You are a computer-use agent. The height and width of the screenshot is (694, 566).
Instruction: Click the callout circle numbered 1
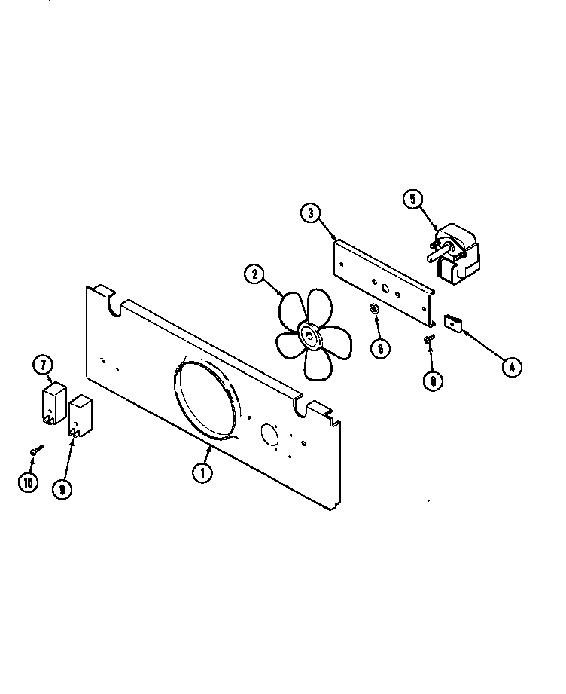coord(202,472)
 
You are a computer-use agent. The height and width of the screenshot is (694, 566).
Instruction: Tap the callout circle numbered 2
coord(254,275)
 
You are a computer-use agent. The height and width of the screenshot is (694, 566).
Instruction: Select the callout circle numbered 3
coord(310,213)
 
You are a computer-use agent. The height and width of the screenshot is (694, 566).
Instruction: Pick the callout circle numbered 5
coord(412,200)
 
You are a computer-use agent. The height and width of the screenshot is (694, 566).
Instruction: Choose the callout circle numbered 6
coord(380,347)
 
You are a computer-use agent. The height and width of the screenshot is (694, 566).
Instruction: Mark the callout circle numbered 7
coord(43,365)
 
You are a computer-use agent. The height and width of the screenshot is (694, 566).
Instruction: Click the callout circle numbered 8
coord(433,381)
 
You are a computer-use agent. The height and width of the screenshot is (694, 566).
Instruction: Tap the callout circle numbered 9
coord(62,488)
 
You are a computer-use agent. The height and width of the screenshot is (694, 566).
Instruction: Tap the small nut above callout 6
coord(373,309)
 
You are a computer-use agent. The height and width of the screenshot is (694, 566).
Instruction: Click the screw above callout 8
coord(429,340)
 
